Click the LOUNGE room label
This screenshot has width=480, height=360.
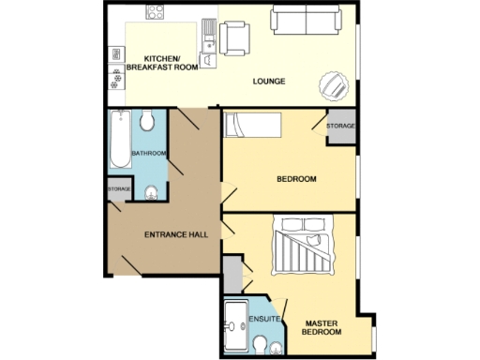click(269, 82)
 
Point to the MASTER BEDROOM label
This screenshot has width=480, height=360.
click(320, 326)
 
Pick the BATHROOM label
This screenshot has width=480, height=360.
click(148, 153)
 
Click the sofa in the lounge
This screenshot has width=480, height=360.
click(306, 19)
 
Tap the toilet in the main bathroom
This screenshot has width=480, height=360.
click(147, 121)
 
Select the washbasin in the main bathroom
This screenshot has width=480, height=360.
click(151, 194)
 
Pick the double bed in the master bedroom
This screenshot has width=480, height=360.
click(302, 247)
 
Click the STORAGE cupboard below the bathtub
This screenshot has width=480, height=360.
click(119, 189)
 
